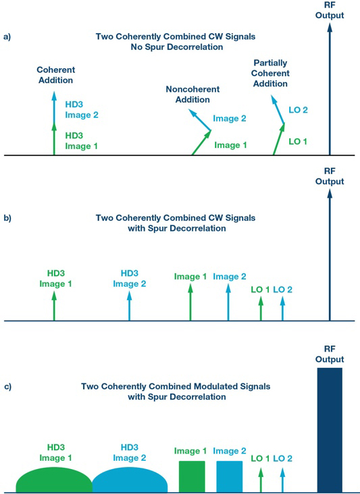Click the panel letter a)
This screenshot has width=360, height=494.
tap(7, 36)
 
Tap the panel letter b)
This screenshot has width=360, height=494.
tap(7, 218)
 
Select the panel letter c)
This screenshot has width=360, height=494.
tap(7, 387)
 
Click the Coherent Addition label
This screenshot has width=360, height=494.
tap(56, 75)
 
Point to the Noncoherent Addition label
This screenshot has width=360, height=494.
tap(192, 94)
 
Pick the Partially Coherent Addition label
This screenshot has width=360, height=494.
tap(270, 73)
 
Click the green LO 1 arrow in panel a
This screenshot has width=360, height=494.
tap(279, 139)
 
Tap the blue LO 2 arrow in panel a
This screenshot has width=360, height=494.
tap(278, 109)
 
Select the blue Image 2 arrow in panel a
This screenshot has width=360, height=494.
tap(199, 119)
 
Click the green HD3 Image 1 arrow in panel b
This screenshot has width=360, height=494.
tap(54, 306)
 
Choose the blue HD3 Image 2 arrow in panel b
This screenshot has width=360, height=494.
tap(129, 306)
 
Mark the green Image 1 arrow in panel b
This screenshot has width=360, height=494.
tap(190, 302)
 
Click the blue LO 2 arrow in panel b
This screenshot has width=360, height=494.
tap(282, 309)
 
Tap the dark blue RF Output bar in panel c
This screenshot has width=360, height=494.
tap(330, 430)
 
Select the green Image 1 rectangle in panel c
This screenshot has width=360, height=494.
tap(192, 476)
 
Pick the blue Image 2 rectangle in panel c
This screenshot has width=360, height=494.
tap(230, 476)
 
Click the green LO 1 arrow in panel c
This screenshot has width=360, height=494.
tap(261, 480)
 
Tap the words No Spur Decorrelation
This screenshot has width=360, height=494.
tap(177, 47)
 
